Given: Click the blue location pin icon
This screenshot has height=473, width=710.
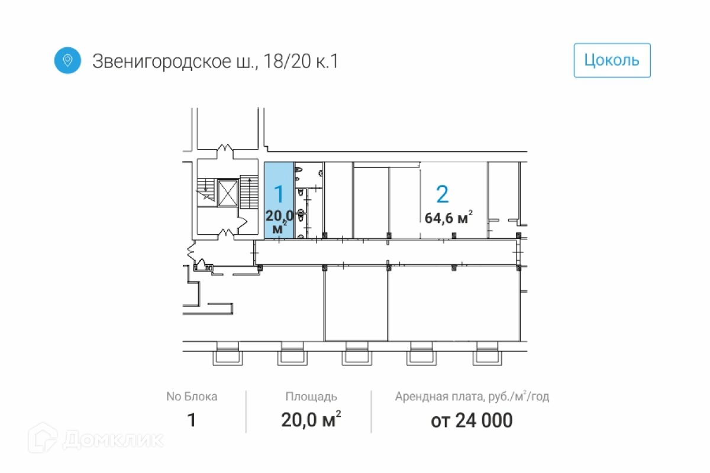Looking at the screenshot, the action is click(67, 60).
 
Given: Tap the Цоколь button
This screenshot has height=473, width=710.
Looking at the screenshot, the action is click(612, 60).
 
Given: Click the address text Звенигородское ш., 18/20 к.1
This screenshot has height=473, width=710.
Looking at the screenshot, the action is click(215, 61).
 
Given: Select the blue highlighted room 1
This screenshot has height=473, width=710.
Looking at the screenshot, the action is click(279, 201).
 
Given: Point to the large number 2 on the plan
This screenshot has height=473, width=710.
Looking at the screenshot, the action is click(442, 194).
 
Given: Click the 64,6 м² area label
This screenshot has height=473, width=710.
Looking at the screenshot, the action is click(448, 218).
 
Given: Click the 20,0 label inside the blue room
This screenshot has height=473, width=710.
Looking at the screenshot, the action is click(280, 215).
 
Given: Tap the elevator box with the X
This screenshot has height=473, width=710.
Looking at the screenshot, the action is click(227, 193).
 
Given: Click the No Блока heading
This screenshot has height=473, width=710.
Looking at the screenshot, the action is click(191, 397).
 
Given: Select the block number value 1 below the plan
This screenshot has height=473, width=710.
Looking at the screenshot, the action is click(191, 421).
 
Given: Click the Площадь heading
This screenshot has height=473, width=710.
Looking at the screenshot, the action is click(311, 397).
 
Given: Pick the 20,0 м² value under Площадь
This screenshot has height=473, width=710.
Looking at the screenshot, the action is click(311, 421).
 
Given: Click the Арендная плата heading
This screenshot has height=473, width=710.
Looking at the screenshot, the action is click(472, 397).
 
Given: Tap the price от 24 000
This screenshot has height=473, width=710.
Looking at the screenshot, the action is click(472, 421).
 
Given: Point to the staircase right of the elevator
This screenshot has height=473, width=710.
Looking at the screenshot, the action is click(250, 192).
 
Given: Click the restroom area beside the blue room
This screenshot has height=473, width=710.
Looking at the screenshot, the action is click(308, 201).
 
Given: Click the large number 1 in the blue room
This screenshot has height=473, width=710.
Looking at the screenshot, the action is click(279, 194).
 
